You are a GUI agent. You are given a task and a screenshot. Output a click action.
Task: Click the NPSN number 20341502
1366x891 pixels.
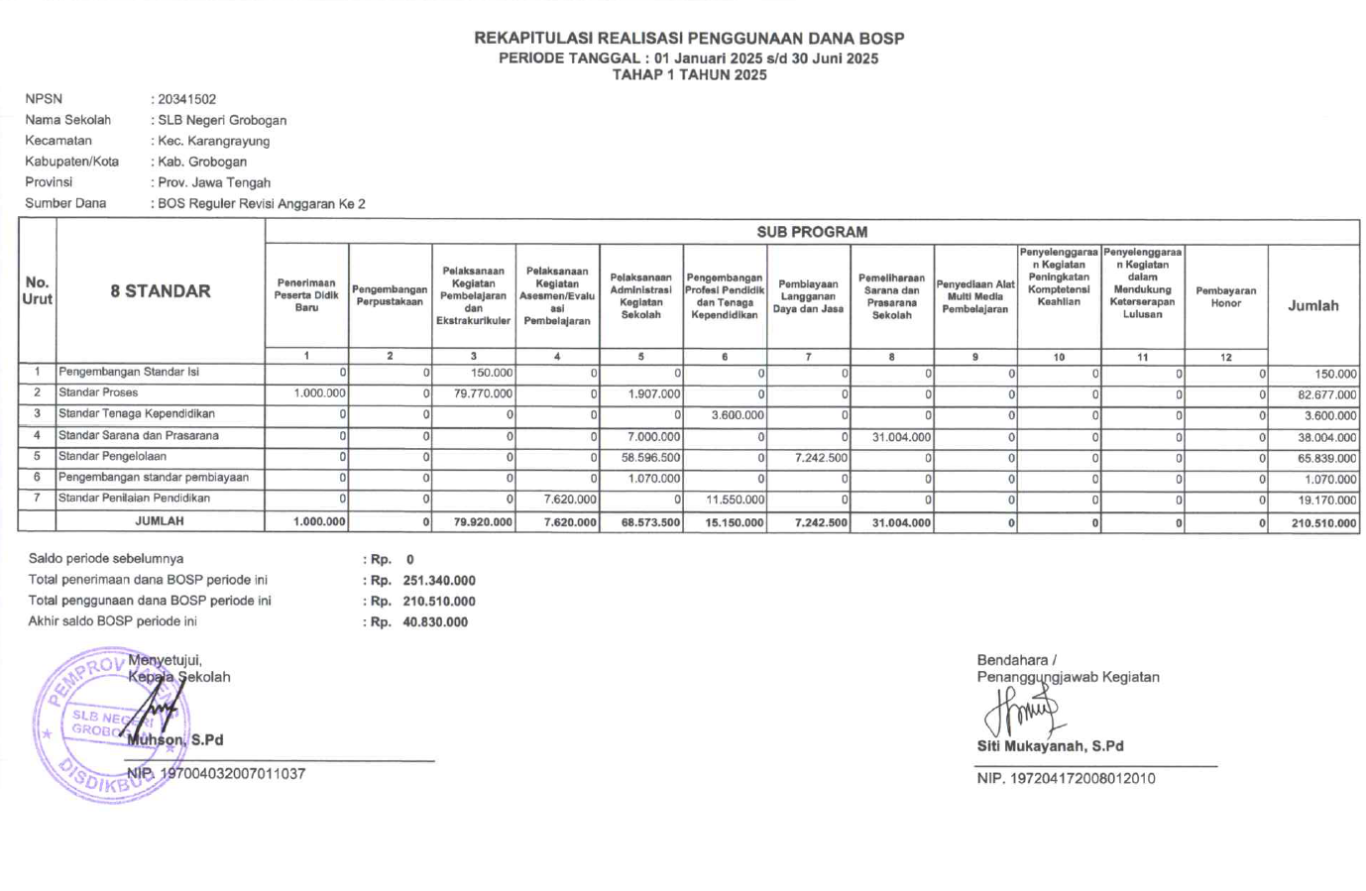point(186,99)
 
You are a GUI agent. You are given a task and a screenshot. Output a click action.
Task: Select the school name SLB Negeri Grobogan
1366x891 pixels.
point(222,120)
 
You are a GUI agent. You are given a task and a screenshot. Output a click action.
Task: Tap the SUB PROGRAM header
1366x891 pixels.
point(812,232)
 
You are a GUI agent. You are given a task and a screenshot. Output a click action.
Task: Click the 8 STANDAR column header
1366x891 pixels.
point(161,290)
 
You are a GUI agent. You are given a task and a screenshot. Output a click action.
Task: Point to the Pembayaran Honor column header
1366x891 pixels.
point(1225,297)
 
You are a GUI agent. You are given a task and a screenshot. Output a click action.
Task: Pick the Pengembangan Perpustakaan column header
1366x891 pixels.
point(390,295)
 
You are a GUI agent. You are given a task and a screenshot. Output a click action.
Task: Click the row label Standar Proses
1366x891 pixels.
point(98,392)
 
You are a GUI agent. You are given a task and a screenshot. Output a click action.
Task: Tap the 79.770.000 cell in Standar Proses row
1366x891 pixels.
point(484,393)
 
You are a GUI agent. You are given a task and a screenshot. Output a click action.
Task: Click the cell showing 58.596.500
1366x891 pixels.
point(650,458)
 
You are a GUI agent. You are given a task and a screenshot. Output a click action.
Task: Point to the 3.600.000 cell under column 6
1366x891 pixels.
point(738,415)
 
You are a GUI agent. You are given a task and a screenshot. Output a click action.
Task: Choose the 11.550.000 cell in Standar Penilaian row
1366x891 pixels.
point(735,500)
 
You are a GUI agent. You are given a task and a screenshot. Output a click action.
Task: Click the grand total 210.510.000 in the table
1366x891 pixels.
point(1323,523)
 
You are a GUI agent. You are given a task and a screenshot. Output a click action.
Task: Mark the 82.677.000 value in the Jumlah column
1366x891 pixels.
point(1326,394)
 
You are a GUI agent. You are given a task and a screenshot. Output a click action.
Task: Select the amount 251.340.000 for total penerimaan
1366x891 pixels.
point(438,581)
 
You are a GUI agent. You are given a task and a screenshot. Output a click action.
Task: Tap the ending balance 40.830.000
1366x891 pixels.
point(435,622)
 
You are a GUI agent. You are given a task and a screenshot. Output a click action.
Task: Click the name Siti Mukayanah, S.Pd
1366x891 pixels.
point(1050,746)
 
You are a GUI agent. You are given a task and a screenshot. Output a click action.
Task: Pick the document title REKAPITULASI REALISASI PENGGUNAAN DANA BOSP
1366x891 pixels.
point(689,39)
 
